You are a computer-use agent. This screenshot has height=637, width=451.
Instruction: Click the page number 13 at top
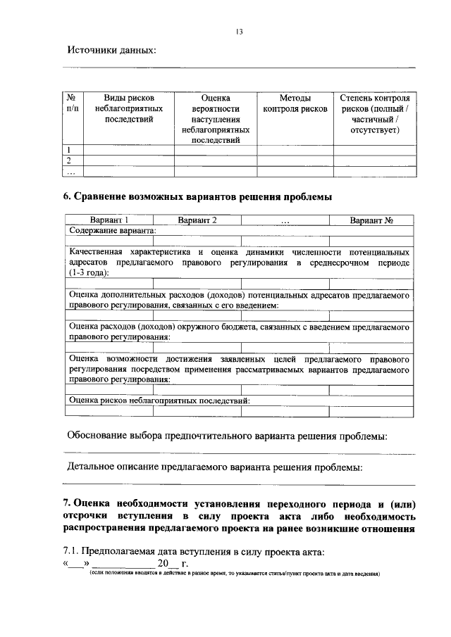pyautogui.click(x=240, y=30)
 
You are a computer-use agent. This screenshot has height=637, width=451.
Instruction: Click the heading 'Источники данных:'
pyautogui.click(x=111, y=50)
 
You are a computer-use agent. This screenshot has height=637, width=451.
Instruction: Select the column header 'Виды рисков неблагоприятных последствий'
pyautogui.click(x=128, y=109)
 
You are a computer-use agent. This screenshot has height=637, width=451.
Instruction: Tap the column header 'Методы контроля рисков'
pyautogui.click(x=295, y=104)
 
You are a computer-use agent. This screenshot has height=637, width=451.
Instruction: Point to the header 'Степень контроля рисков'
pyautogui.click(x=374, y=114)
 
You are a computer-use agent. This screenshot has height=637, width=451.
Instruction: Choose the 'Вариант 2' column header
pyautogui.click(x=197, y=220)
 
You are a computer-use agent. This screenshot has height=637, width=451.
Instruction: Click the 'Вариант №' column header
pyautogui.click(x=371, y=220)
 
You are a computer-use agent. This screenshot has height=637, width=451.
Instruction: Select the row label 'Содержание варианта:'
pyautogui.click(x=112, y=230)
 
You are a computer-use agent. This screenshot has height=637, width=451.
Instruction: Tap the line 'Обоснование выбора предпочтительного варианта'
pyautogui.click(x=226, y=436)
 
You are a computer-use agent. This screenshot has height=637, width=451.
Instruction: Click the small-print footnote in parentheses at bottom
pyautogui.click(x=229, y=574)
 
